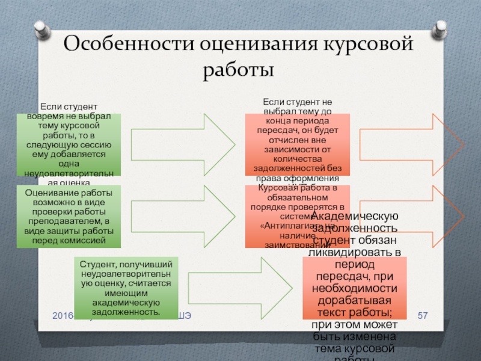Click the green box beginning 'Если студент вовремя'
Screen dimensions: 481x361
tap(69, 144)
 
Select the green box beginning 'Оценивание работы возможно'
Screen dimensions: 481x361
tap(69, 217)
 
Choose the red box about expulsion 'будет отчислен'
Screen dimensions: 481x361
tap(298, 144)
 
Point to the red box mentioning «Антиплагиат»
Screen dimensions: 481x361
tap(298, 217)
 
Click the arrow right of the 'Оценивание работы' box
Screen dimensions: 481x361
tap(183, 217)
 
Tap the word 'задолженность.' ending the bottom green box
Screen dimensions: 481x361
tap(126, 313)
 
